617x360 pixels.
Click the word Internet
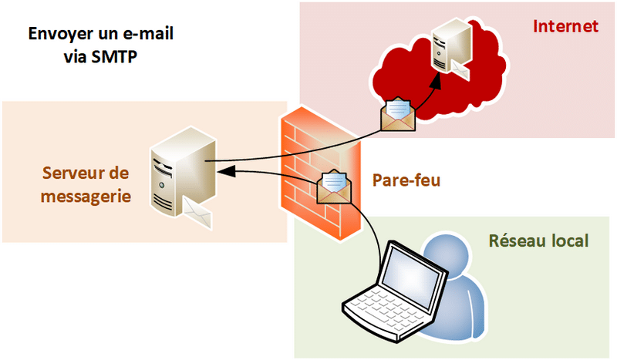pos(565,27)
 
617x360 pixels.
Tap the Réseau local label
pos(539,241)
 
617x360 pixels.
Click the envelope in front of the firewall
pos(335,188)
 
